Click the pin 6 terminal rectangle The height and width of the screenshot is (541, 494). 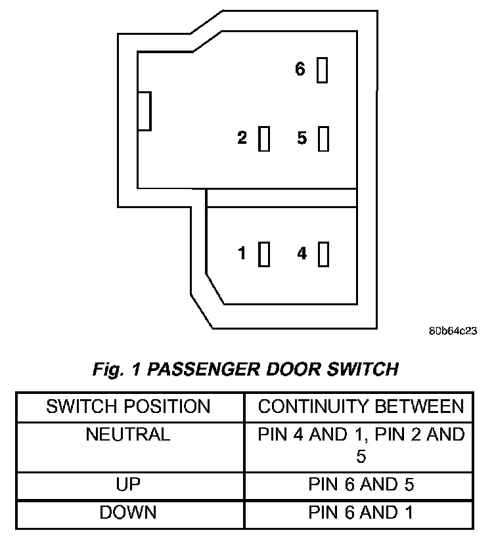click(x=322, y=70)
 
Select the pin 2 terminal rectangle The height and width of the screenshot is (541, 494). click(x=264, y=139)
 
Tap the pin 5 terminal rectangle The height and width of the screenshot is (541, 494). click(x=323, y=139)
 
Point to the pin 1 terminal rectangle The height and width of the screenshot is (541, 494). click(x=264, y=254)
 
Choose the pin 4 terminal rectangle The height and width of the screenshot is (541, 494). click(x=323, y=254)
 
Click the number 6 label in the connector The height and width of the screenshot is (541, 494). click(x=300, y=69)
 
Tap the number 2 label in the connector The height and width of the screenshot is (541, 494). click(x=242, y=137)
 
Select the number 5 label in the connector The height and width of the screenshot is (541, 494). click(x=302, y=138)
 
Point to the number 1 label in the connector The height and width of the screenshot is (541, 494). click(x=242, y=253)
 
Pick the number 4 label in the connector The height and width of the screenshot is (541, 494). click(x=302, y=253)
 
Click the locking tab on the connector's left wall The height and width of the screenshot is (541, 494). click(x=145, y=111)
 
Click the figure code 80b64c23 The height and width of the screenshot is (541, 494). click(x=453, y=331)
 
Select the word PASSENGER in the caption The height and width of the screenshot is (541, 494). click(x=204, y=369)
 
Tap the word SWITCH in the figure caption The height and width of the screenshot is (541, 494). click(x=363, y=369)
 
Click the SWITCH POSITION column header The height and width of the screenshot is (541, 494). click(x=128, y=406)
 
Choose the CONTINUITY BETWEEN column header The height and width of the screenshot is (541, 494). click(x=361, y=406)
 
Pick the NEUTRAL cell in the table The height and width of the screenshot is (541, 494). click(x=128, y=434)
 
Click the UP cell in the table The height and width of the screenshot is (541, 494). click(x=128, y=484)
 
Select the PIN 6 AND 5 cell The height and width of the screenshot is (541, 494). click(x=361, y=484)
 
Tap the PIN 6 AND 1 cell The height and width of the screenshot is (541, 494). click(x=361, y=512)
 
